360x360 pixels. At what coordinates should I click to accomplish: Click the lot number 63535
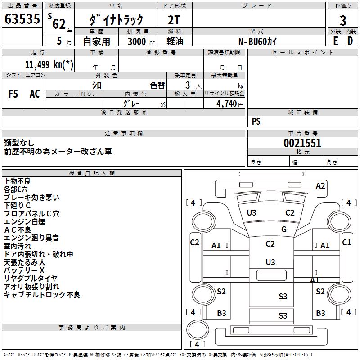[22, 19]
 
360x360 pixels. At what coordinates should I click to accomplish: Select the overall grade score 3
[343, 20]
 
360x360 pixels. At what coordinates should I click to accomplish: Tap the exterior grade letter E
[335, 41]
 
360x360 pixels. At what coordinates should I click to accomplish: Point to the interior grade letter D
[350, 41]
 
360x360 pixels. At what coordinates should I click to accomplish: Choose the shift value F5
[13, 94]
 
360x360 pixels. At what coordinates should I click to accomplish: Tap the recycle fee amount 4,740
[227, 104]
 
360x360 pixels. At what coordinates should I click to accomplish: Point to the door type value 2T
[175, 20]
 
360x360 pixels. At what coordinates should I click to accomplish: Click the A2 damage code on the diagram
[320, 185]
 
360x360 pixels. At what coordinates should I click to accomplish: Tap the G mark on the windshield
[283, 229]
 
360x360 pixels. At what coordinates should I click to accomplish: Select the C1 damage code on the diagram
[346, 242]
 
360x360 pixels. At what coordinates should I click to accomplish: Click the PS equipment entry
[256, 121]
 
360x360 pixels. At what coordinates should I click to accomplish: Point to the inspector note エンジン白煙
[24, 222]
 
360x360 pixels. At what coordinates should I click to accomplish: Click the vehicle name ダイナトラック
[116, 20]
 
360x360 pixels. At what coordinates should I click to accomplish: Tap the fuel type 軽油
[174, 41]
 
